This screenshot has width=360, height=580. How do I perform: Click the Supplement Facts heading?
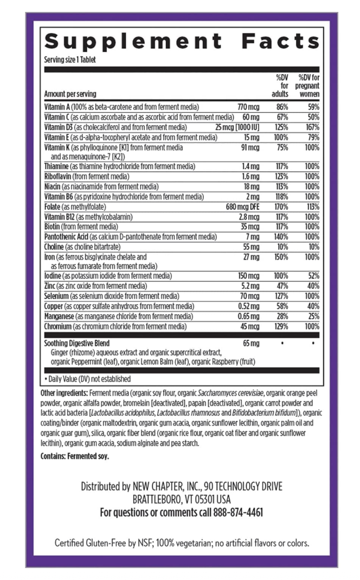[x=181, y=41]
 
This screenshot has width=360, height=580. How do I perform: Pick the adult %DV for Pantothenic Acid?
[x=281, y=237]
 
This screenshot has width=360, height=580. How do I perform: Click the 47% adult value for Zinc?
[x=281, y=286]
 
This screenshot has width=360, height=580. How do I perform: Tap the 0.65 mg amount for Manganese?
[x=248, y=316]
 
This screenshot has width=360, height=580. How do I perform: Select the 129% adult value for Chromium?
[x=281, y=326]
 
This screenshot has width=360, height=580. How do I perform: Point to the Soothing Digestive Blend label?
[x=76, y=344]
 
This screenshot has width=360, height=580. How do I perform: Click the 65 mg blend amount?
[x=252, y=344]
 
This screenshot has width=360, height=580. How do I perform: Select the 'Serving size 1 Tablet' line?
[x=69, y=60]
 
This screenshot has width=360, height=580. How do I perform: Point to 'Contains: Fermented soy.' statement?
[x=75, y=456]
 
